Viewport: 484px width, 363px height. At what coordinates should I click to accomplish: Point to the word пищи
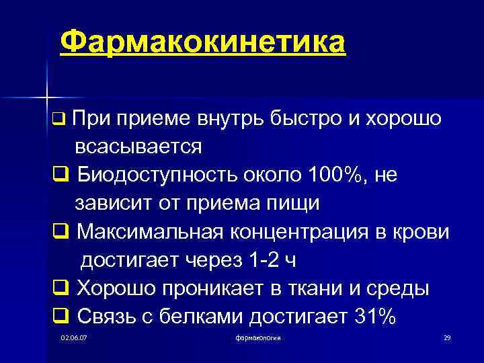pos(281,202)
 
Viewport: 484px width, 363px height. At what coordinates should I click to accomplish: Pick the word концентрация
pos(292,231)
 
